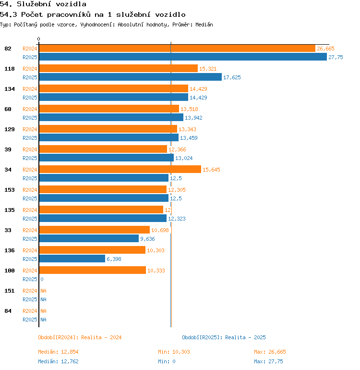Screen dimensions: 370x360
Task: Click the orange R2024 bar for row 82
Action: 177,49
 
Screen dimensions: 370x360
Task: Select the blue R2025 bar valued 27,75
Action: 182,57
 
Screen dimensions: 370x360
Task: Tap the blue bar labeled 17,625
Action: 130,77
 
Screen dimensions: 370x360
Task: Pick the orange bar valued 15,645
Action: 120,170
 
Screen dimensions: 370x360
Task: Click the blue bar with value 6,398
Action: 72,259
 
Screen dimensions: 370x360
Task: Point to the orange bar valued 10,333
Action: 92,271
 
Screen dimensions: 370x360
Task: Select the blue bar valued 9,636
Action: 89,239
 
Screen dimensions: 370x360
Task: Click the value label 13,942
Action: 194,118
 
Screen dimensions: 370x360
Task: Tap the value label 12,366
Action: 177,149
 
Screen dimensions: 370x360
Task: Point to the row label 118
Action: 9,69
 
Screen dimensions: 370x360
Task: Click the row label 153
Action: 9,190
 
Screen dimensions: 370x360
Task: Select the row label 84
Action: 8,311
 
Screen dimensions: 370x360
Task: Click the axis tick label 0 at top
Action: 39,39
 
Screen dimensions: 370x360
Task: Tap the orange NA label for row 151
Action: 43,291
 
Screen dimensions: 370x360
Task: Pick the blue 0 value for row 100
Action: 42,279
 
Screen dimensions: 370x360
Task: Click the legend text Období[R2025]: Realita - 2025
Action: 224,337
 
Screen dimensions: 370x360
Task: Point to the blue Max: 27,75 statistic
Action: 268,361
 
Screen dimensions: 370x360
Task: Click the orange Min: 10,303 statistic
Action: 174,352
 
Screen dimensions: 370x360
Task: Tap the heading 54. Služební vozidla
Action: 43,4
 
